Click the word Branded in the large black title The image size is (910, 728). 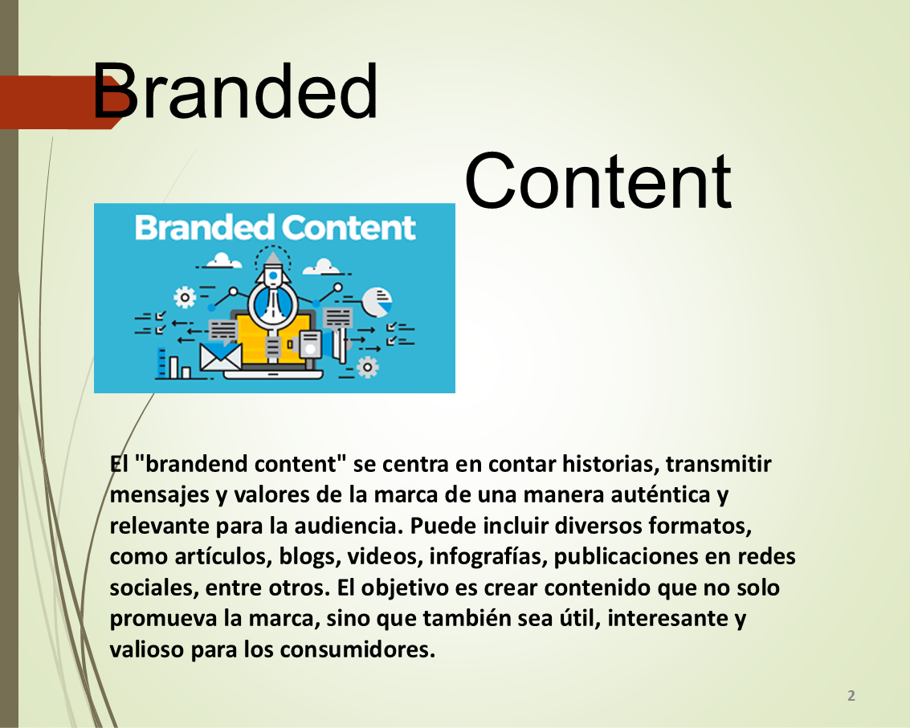click(235, 91)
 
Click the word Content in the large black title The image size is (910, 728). click(598, 181)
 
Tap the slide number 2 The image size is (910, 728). click(851, 696)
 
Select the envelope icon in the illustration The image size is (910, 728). click(221, 357)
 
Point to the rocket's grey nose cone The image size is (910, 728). click(273, 258)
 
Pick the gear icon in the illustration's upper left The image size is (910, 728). click(185, 298)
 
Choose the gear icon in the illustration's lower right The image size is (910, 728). click(367, 367)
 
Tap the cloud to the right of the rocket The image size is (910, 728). click(323, 266)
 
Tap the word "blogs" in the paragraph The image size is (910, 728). click(310, 557)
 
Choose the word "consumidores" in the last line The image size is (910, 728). click(357, 649)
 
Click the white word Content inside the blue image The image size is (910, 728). click(349, 227)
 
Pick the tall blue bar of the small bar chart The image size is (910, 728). click(162, 363)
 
